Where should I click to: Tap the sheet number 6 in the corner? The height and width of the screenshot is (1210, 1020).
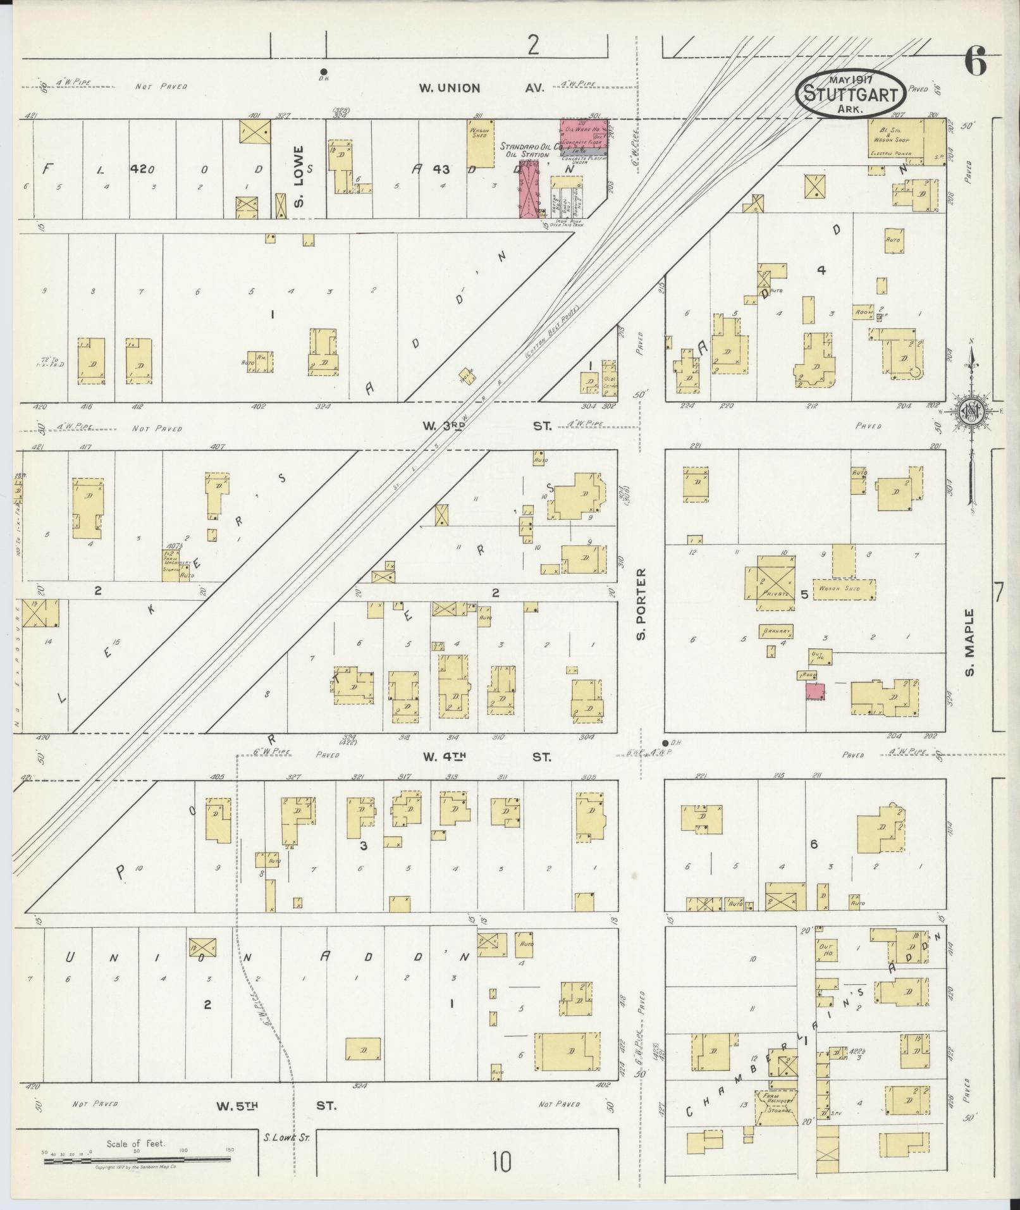click(976, 63)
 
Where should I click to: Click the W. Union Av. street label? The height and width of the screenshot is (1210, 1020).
click(481, 89)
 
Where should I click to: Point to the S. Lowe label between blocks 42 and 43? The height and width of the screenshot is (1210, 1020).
click(300, 176)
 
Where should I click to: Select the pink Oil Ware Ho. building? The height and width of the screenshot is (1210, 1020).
click(585, 134)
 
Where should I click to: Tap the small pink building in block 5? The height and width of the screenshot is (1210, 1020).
click(814, 691)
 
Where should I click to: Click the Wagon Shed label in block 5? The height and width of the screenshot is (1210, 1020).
click(844, 589)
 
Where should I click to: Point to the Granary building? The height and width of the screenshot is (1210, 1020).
click(777, 631)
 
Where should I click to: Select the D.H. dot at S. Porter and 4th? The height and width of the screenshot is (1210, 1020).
click(665, 743)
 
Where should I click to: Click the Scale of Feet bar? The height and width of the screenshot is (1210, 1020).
click(136, 1159)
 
